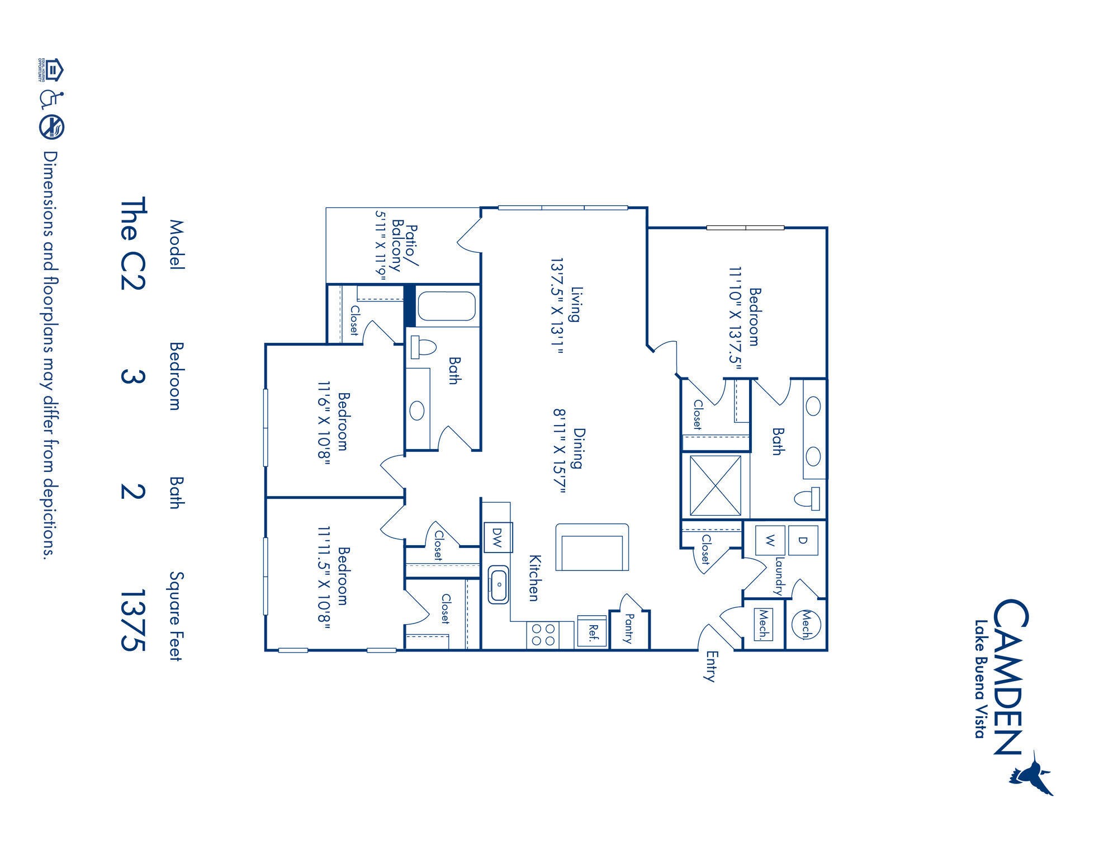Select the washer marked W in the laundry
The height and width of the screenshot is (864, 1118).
click(770, 540)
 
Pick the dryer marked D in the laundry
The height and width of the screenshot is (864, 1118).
click(803, 540)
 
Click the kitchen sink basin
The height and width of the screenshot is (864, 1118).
click(498, 584)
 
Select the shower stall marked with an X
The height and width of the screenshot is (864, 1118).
click(715, 485)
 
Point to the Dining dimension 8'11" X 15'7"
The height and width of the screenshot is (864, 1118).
click(560, 451)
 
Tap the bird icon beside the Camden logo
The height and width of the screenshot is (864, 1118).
click(1032, 775)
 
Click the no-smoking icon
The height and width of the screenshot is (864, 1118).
click(52, 127)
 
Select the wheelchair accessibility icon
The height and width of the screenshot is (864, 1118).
click(52, 99)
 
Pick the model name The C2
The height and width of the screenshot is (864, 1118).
click(132, 243)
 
